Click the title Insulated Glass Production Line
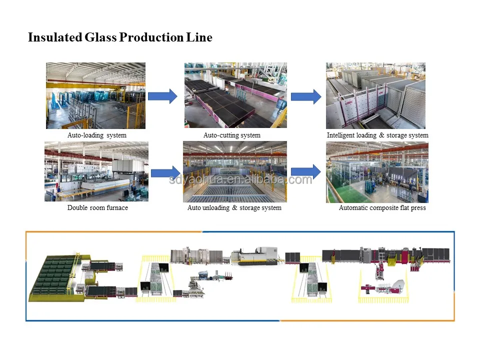coord(120,37)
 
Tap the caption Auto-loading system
coord(97,135)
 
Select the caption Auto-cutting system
coord(231,135)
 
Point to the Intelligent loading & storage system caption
coord(377,135)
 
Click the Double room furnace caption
coord(97,207)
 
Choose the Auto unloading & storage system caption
coord(234,207)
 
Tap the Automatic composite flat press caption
coord(382,207)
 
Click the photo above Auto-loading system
coord(95,95)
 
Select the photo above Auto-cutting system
coord(235,95)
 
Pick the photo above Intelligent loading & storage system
coord(375,95)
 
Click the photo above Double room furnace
coord(96,172)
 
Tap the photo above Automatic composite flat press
coord(377,172)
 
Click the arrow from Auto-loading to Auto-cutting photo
coord(162,95)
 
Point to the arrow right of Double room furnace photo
coord(165,172)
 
